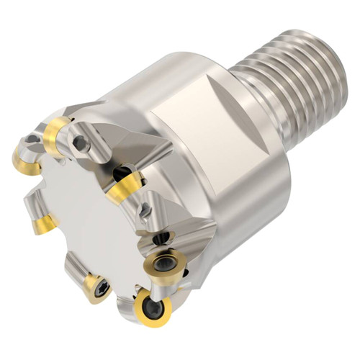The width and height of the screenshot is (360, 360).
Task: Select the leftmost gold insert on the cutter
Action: click(x=26, y=160)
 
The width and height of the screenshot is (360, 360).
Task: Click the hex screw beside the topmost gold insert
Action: click(x=81, y=143)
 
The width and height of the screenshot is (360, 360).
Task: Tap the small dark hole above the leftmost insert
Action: click(x=32, y=138)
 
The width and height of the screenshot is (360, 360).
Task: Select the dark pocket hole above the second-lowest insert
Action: click(x=164, y=238)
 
